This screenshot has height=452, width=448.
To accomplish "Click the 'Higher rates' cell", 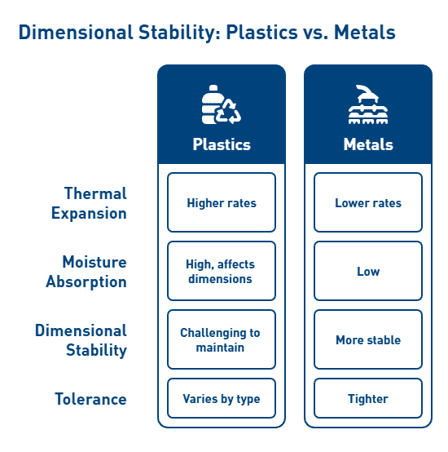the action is coord(222,202).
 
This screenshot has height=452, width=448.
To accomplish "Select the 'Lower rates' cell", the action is coord(368,202).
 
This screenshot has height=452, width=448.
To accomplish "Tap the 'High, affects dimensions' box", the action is coord(222,271).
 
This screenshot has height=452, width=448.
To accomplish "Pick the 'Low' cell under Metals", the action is coord(368,271).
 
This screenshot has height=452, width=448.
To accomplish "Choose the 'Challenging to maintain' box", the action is coord(222,339).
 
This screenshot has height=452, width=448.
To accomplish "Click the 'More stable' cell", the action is coord(368,339).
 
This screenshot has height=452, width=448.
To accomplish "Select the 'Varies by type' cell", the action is coord(222,398).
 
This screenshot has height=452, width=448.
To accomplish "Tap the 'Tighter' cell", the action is coord(368,398).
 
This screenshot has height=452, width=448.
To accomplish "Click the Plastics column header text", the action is coord(222,144).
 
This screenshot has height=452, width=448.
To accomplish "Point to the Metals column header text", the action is coord(368,144).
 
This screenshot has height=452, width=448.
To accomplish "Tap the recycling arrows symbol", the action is coord(229,112).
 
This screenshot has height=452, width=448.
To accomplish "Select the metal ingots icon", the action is coord(368,104).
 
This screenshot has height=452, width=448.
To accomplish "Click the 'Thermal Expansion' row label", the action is coord(89,203).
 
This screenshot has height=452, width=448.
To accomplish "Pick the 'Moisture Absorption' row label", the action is coord(86,272).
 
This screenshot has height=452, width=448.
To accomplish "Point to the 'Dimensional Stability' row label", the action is coord(81,340).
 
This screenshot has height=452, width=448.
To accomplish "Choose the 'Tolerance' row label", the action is coord(90,399).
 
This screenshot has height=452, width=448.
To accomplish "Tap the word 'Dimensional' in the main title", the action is coord(76,32).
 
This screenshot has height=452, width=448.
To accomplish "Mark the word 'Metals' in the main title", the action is coord(365,32).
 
